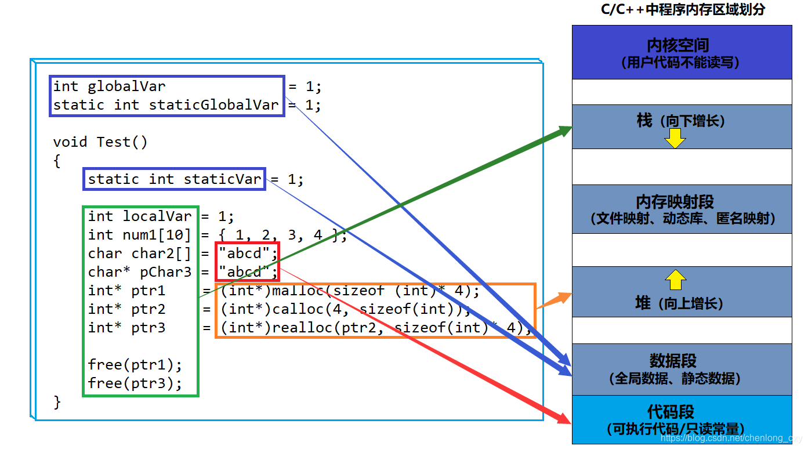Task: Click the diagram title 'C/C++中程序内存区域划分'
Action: coord(682,10)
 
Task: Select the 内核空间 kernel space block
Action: coord(682,52)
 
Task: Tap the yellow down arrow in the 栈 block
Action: coord(675,138)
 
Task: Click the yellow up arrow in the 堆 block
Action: coord(675,280)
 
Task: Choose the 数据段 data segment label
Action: coord(673,361)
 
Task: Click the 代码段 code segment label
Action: coord(671,412)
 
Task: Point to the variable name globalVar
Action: coord(126,86)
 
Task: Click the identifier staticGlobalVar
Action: coord(213,105)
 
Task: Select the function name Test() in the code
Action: coord(122,142)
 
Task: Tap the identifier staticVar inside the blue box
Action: coord(222,179)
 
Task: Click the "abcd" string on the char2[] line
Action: coord(244,254)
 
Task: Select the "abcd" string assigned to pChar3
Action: coord(244,272)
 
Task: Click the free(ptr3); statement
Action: coord(135,383)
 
